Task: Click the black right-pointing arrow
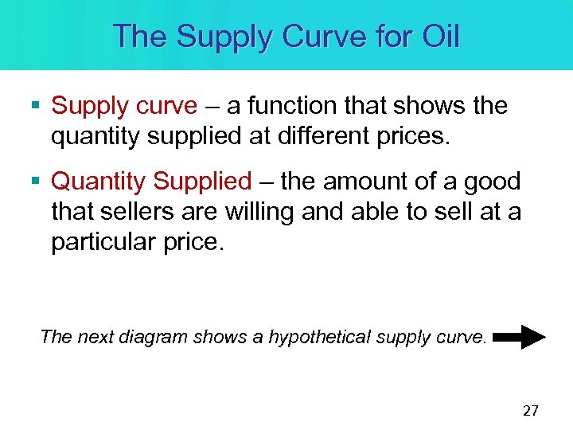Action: pyautogui.click(x=520, y=337)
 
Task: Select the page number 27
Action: pyautogui.click(x=530, y=411)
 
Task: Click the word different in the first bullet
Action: pyautogui.click(x=319, y=136)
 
